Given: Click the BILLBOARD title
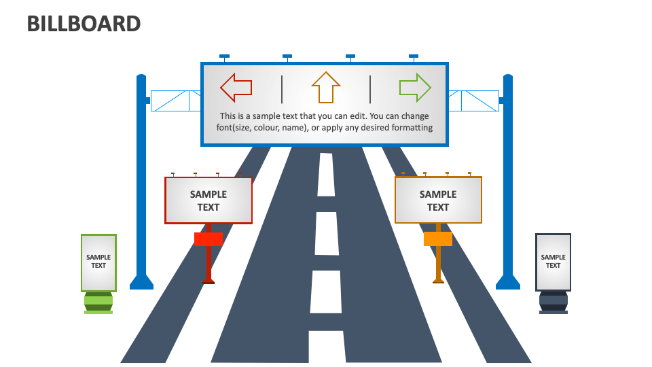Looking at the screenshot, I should (x=84, y=23).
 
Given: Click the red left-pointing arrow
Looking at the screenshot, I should (x=236, y=87).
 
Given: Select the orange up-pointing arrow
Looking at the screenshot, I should (x=326, y=88).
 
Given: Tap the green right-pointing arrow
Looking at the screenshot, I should (x=415, y=87).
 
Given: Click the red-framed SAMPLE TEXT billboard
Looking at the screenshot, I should (x=209, y=200).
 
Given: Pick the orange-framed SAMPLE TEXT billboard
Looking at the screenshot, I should (x=438, y=200).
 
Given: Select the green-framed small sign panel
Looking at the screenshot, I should (x=98, y=262).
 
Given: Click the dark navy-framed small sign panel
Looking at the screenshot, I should (x=553, y=262).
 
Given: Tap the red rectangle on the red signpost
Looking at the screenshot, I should (x=209, y=239).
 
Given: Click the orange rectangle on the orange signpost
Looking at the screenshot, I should (x=438, y=239).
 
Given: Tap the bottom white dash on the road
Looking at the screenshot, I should (x=326, y=347).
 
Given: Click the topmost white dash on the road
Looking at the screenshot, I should (x=327, y=175).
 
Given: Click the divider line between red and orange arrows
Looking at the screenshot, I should (x=282, y=89).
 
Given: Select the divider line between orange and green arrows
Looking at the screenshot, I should (x=370, y=89).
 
